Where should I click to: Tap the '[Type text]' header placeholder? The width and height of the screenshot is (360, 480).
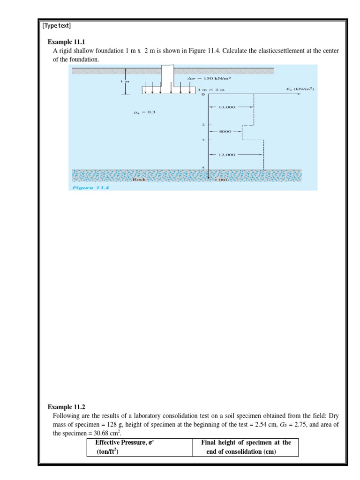tap(56, 25)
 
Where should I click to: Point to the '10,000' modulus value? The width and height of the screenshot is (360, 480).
tap(227, 107)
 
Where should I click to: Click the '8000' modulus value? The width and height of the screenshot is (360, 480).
tap(226, 132)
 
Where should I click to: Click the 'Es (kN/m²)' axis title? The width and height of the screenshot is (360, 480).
tap(300, 89)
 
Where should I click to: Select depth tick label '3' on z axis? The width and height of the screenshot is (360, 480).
tap(203, 140)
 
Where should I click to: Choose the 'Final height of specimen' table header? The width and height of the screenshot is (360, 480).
tap(246, 442)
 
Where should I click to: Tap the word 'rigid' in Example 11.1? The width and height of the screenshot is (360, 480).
tap(68, 51)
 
